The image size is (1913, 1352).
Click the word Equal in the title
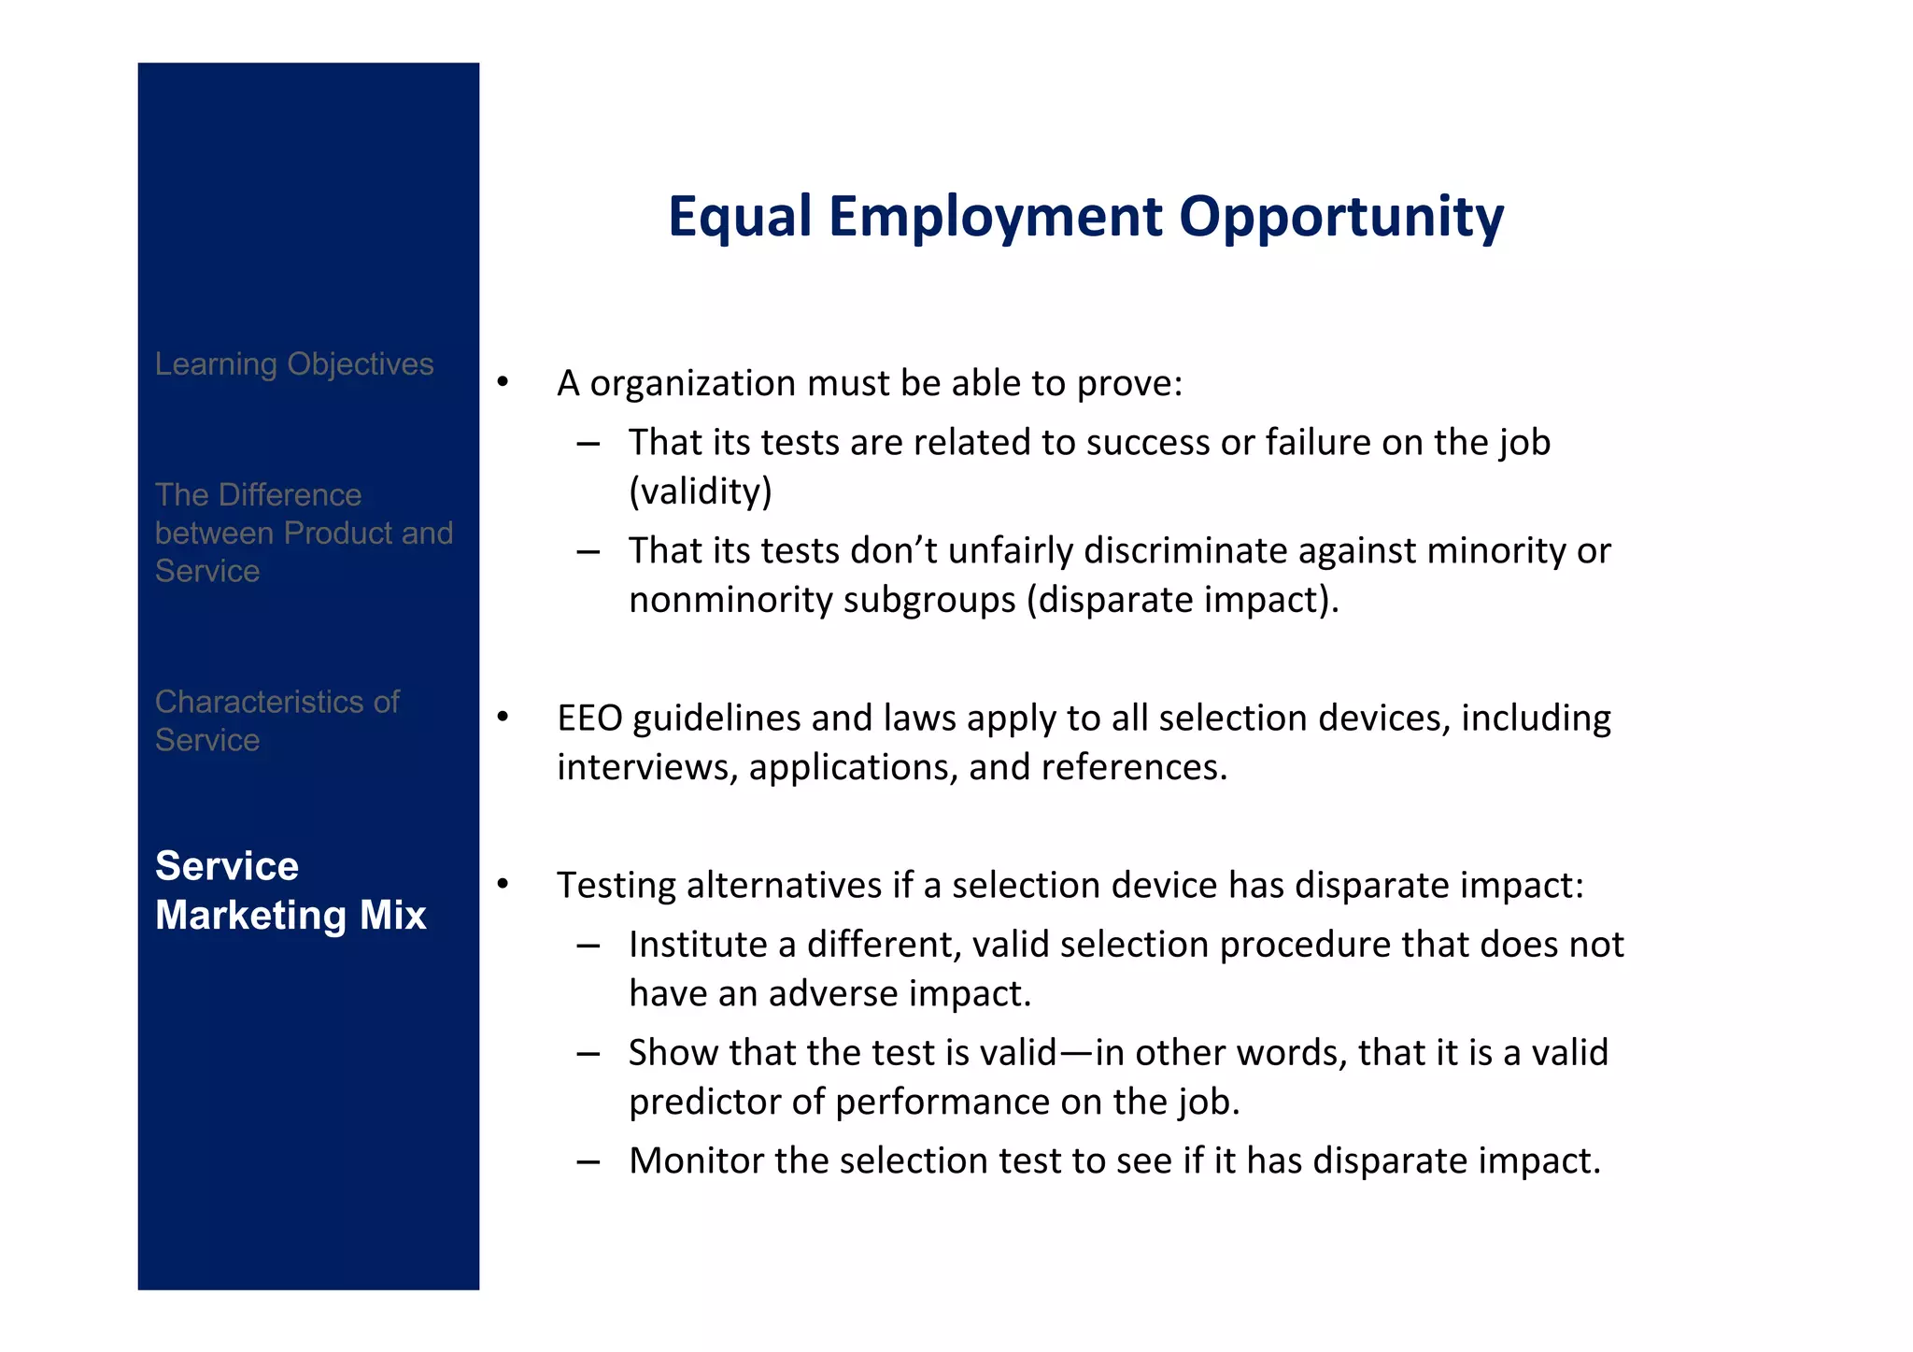point(740,218)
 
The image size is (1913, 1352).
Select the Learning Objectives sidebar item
point(294,364)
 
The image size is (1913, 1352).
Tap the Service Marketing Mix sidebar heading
point(290,890)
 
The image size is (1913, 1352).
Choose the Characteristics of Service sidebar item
point(276,720)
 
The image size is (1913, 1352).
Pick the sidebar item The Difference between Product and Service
point(303,533)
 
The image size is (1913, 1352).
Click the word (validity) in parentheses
point(701,491)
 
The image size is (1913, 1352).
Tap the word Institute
point(698,945)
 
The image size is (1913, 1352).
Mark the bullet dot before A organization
point(503,381)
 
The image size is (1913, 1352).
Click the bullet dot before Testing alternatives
point(503,883)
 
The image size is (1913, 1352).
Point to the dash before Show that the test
point(588,1054)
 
